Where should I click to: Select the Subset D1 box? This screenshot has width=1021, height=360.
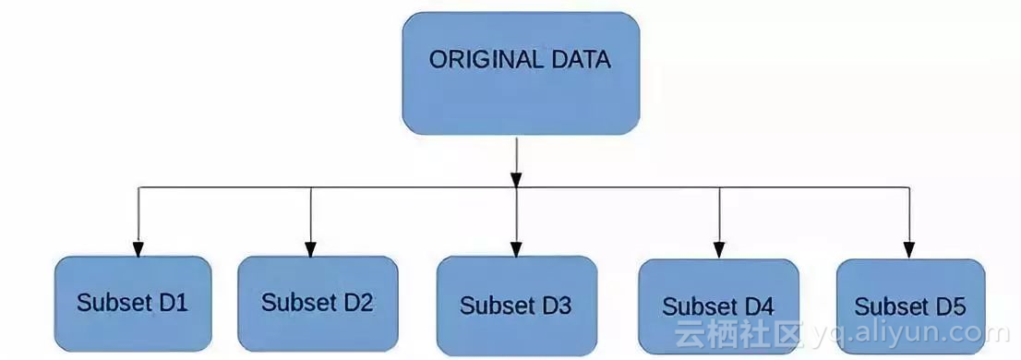point(133,304)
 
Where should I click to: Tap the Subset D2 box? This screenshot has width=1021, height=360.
point(318,304)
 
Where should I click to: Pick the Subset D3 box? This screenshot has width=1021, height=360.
point(515,306)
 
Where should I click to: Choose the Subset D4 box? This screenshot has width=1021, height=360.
point(717,306)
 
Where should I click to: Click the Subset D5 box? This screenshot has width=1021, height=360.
point(909,306)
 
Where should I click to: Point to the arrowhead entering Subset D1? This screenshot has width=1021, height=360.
point(138,248)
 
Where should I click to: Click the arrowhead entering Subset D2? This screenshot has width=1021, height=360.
point(310,248)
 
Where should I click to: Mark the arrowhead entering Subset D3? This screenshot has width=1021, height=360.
point(515,248)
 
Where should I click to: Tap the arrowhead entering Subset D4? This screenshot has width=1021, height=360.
point(719,250)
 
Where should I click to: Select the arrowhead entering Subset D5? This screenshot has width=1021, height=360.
point(909,250)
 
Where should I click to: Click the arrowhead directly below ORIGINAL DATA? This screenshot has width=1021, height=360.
point(516,177)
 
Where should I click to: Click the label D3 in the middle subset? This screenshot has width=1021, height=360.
point(557,306)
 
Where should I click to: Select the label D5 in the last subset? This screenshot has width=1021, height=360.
point(950,306)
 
